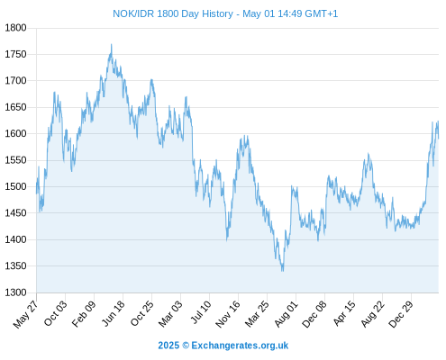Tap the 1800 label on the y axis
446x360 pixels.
[15, 28]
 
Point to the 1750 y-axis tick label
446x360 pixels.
[15, 54]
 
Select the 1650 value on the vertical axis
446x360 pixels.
[15, 107]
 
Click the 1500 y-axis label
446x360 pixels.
[15, 186]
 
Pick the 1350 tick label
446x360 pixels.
[15, 265]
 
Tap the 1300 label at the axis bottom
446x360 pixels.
[15, 292]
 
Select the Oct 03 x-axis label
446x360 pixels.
[56, 313]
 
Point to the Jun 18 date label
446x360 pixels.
[114, 313]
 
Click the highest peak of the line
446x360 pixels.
[112, 44]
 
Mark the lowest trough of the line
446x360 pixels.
[282, 271]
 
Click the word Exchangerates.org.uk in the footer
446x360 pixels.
[240, 346]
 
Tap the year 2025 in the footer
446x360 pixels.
[168, 346]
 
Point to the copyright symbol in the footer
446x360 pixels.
[186, 346]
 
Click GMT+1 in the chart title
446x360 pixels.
[321, 13]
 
